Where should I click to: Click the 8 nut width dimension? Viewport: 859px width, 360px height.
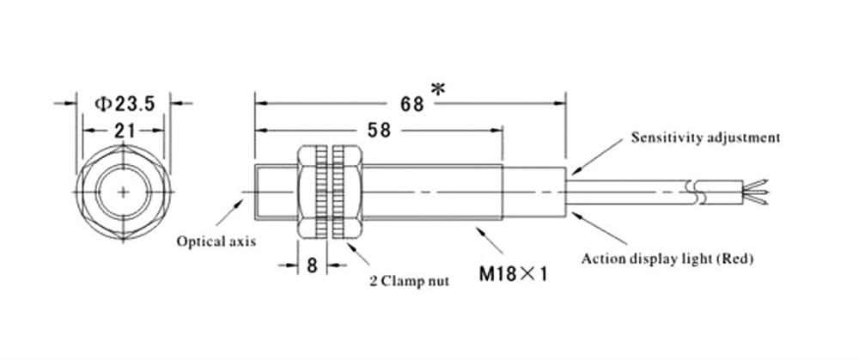[x=313, y=265]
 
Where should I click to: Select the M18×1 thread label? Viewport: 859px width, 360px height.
[x=514, y=277]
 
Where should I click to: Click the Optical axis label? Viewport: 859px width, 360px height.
[x=216, y=241]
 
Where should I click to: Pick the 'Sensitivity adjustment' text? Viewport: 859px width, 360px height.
[x=705, y=137]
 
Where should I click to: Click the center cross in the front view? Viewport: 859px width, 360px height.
[x=125, y=190]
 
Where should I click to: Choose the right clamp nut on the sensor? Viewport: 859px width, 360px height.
[x=349, y=192]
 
